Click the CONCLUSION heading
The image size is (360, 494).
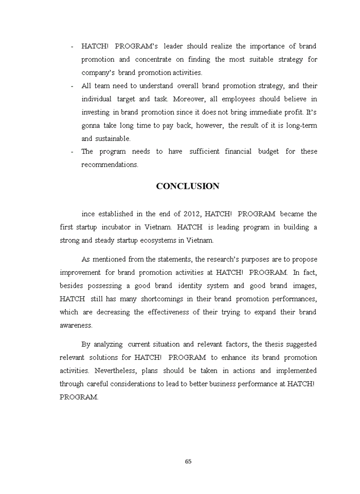tap(188, 186)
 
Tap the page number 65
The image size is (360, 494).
tap(188, 461)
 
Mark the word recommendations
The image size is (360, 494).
tap(110, 165)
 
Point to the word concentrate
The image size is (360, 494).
tap(152, 59)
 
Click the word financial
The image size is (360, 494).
tap(242, 151)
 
